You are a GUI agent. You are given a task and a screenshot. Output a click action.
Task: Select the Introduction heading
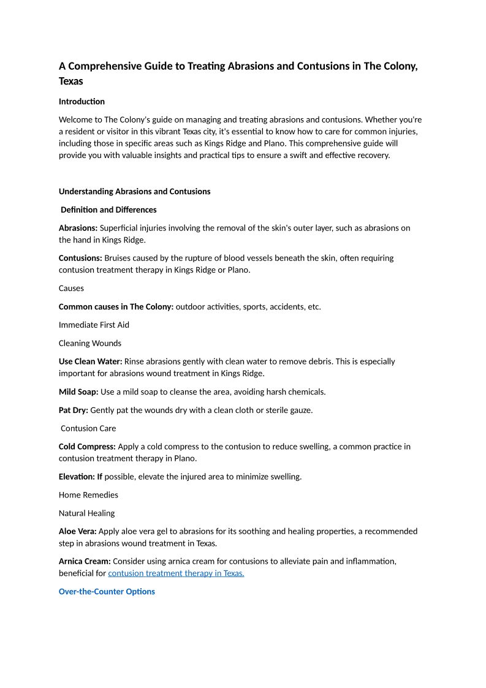coord(82,102)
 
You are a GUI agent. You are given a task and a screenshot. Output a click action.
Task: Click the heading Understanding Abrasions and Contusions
coord(134,192)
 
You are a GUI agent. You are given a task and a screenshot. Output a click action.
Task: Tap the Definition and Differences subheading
coord(108,210)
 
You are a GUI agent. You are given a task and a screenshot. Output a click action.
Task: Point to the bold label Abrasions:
coord(78,228)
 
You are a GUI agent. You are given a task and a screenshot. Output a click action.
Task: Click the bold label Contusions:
coord(80,258)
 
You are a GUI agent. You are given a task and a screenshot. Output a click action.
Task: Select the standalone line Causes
coord(71,288)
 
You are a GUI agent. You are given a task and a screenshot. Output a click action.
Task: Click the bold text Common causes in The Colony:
coord(116,306)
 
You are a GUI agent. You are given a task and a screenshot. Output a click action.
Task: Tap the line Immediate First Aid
coord(94,325)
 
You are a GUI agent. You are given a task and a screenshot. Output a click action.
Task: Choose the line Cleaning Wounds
coord(90,343)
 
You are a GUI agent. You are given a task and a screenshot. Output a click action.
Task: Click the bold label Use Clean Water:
coord(90,361)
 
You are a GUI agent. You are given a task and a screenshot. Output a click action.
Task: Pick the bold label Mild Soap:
coord(78,391)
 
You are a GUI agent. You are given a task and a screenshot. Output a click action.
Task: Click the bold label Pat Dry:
coord(74,410)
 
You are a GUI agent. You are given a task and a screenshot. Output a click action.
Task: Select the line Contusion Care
coord(88,428)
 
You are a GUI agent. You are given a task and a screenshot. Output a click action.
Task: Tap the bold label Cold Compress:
coord(87,447)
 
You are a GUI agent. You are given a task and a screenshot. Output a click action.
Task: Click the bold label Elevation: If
coord(80,477)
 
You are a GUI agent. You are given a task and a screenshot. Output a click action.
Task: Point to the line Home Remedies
coord(88,495)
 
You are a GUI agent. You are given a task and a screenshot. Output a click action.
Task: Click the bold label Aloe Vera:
coord(77,531)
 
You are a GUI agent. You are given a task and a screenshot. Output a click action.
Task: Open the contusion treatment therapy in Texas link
coord(176,573)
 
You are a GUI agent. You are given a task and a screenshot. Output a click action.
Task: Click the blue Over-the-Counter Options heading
coord(107,592)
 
